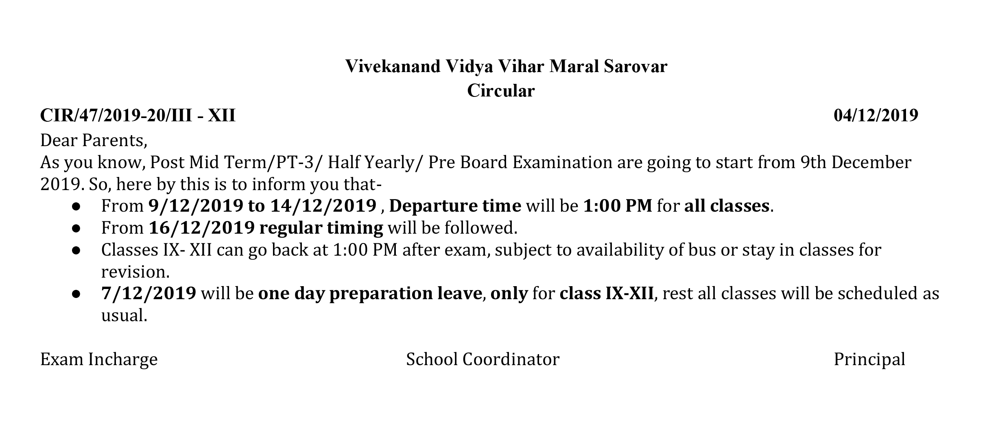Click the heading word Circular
[500, 90]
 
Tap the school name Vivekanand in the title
[393, 66]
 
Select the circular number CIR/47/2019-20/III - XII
[138, 115]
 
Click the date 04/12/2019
[876, 115]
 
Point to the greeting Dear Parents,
[94, 141]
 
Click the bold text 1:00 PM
[618, 206]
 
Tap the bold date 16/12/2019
[202, 228]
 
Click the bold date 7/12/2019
[149, 293]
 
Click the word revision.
[135, 272]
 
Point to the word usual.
[124, 315]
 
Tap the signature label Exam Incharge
[99, 360]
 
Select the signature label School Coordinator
[483, 359]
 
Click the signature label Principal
[869, 360]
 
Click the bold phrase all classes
[727, 206]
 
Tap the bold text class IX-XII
[607, 293]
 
